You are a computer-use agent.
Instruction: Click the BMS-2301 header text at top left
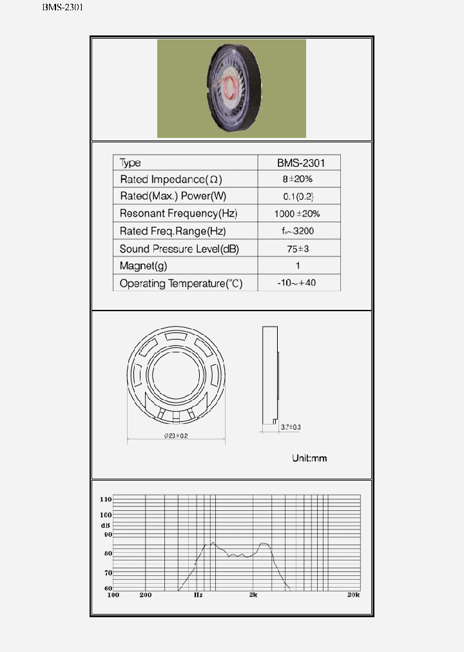coord(63,8)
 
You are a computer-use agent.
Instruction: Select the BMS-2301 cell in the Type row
coord(300,163)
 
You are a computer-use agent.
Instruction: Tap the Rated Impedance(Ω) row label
coord(171,179)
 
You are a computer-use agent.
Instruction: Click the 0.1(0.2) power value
coord(298,196)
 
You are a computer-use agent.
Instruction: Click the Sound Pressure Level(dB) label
coord(179,249)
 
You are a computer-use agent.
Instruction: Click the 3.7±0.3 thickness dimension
coord(291,427)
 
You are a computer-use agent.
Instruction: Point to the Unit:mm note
coord(309,458)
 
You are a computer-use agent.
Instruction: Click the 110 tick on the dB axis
coord(106,499)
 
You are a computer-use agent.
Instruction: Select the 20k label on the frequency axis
coord(353,595)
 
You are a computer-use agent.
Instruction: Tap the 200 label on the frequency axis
coord(146,595)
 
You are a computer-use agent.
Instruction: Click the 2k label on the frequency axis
coord(254,595)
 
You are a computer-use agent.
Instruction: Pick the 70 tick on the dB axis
coord(108,572)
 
